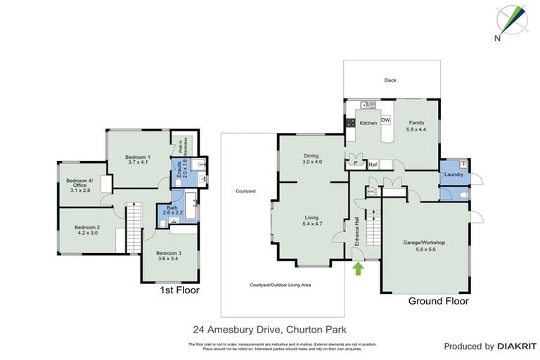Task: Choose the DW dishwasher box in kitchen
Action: point(385,120)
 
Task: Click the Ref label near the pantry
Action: point(373,165)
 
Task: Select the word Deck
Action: point(390,80)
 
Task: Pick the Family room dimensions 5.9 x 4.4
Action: point(416,129)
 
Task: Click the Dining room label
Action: point(311,155)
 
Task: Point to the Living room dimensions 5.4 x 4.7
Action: point(311,224)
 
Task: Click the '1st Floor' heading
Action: point(179,290)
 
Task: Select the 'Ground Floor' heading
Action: point(439,301)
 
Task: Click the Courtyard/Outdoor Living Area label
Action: point(281,285)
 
